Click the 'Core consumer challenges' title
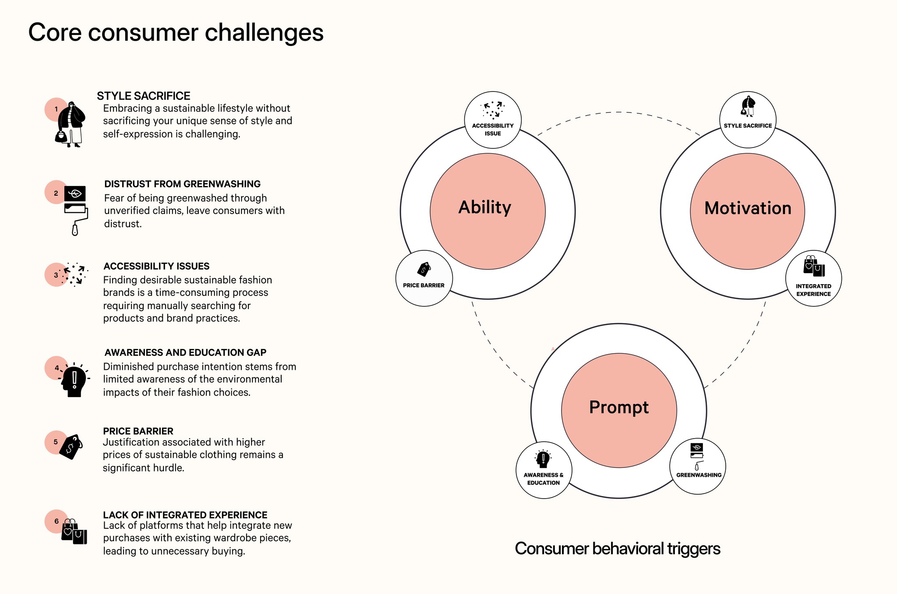pos(176,33)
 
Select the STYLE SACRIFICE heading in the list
pos(144,96)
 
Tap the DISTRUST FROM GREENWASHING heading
pos(182,184)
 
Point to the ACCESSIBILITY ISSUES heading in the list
pos(156,266)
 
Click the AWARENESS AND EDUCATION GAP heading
pos(185,352)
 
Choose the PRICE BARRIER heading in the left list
pos(138,431)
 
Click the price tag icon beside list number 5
pos(71,447)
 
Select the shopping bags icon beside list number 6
pos(74,532)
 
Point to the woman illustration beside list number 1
pos(70,124)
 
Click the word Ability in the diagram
pos(485,207)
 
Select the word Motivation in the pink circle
pos(748,208)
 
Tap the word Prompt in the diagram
pos(618,408)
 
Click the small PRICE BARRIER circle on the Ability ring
pos(424,278)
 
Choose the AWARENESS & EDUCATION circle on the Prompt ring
pos(544,470)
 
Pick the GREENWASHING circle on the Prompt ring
pos(698,467)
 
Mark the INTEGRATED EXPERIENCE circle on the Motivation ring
pos(813,278)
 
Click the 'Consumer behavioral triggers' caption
pos(618,549)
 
